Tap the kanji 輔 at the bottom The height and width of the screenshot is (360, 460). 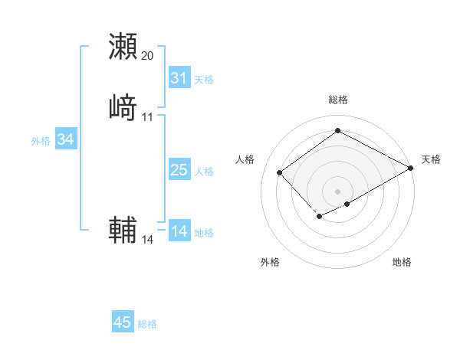coord(123,229)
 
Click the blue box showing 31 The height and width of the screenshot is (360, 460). coord(179,78)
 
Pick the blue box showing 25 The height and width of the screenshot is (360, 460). coord(179,170)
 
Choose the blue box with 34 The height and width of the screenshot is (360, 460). coord(65,139)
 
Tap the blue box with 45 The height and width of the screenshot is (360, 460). coord(123,322)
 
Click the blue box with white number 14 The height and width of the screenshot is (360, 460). coord(179,231)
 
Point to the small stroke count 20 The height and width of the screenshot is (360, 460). coord(148,56)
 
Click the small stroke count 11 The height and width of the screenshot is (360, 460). coord(148,116)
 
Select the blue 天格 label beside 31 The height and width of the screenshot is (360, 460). coord(204,80)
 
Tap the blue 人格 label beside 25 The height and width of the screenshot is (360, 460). coord(204,172)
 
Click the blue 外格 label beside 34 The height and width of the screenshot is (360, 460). coord(41,141)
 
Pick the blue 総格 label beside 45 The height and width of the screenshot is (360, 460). coord(147,324)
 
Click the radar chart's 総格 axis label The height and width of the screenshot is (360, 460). coord(338,100)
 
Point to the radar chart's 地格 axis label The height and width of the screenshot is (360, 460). coord(402,262)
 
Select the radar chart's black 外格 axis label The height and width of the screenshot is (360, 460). coord(270,262)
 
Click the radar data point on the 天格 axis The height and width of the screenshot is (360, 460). coord(412,169)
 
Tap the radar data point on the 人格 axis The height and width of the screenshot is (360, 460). coord(280,173)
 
